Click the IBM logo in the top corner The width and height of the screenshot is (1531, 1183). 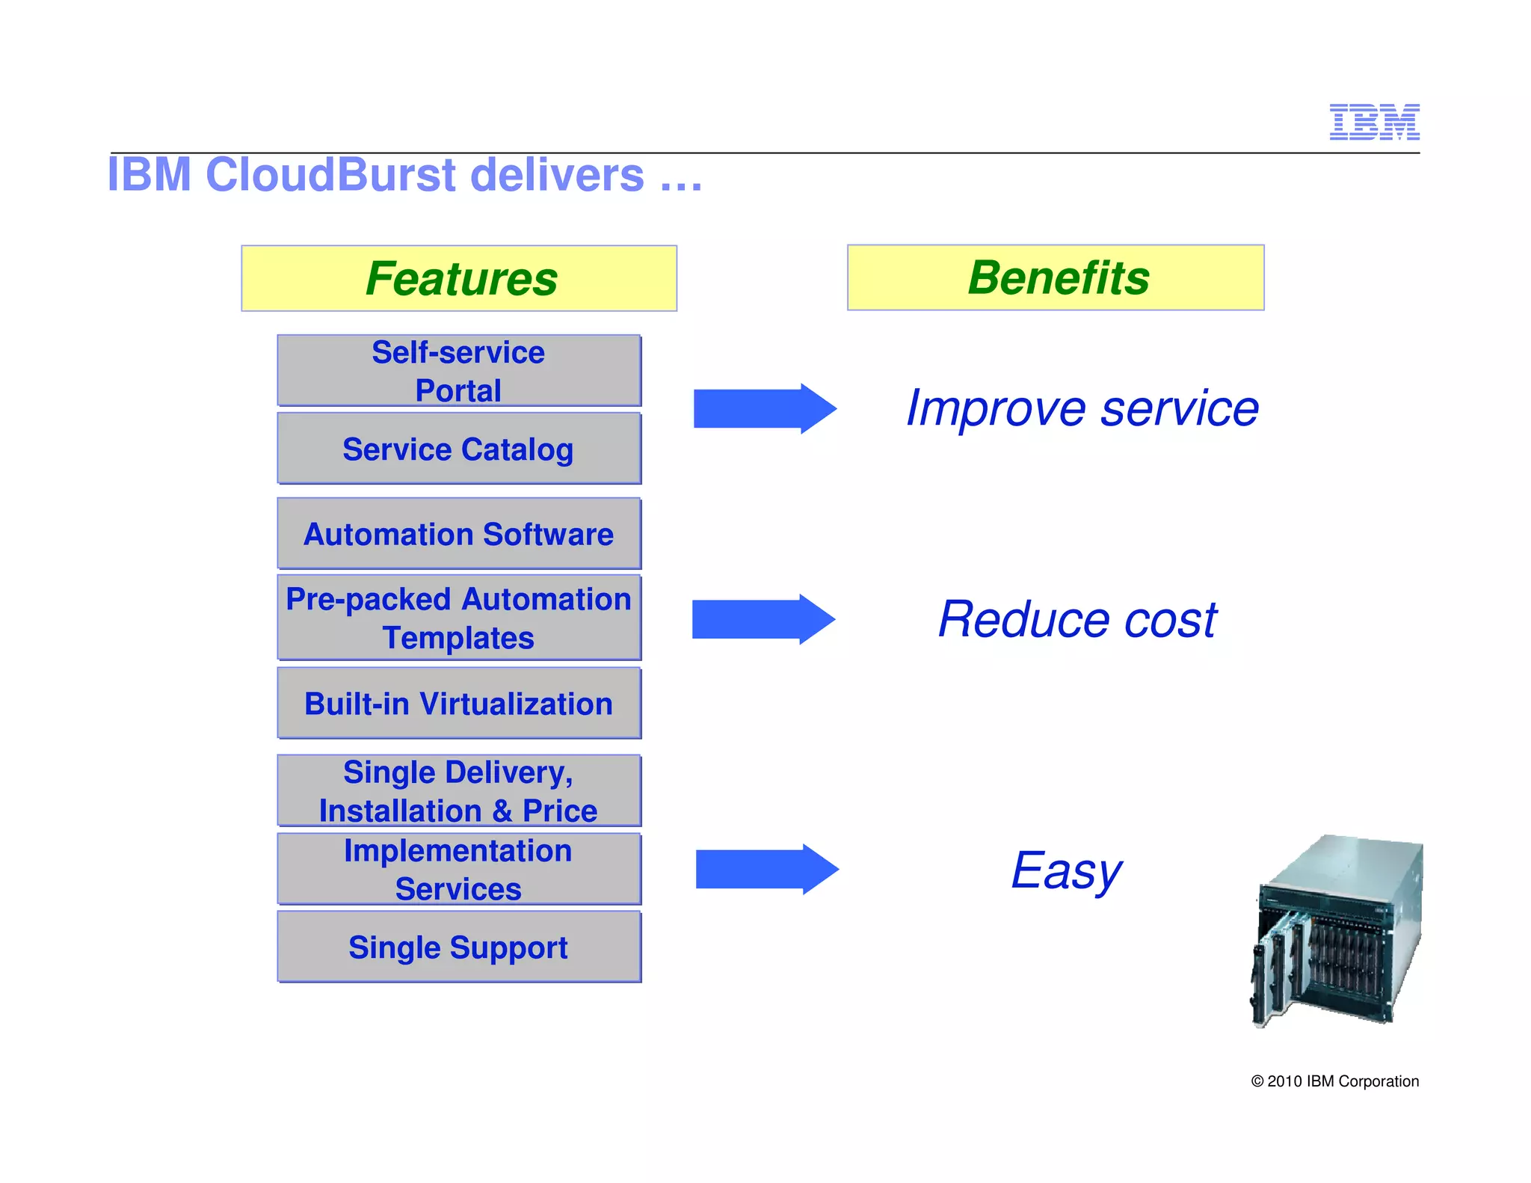click(1374, 122)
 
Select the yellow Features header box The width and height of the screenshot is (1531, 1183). click(459, 278)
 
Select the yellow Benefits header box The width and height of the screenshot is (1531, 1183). click(1055, 277)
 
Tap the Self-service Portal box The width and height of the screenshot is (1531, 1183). click(458, 371)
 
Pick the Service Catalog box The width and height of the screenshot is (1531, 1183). click(458, 449)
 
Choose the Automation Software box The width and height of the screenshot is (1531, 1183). click(458, 534)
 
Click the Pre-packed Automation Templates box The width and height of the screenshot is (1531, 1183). click(458, 618)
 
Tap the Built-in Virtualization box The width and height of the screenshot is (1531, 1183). click(458, 704)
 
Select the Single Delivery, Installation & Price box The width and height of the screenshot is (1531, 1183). click(458, 790)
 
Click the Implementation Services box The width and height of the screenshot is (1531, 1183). click(458, 869)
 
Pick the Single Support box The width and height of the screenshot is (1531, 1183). click(458, 947)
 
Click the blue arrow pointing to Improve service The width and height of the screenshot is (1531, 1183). click(764, 408)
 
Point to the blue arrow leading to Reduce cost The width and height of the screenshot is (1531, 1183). click(763, 619)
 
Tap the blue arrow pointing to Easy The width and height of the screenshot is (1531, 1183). click(766, 869)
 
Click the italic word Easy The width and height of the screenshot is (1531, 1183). click(1065, 871)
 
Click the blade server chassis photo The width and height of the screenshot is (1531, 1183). click(1337, 932)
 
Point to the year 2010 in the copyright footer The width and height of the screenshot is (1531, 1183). click(1284, 1081)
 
